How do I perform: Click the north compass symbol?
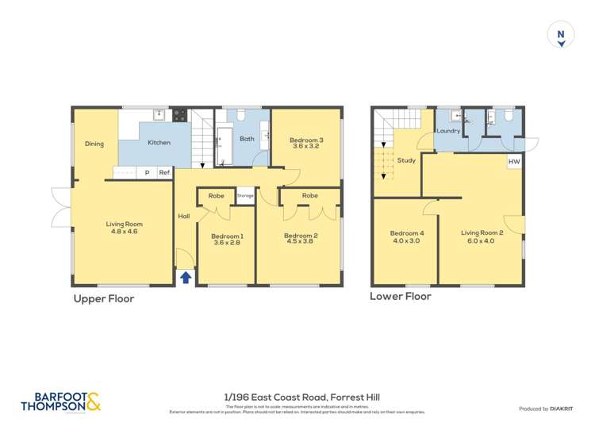(561, 36)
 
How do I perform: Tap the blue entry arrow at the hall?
(186, 277)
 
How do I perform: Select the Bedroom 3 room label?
(305, 142)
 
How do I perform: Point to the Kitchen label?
(159, 143)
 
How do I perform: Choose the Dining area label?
(94, 144)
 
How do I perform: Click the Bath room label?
(248, 139)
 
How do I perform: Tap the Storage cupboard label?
(245, 195)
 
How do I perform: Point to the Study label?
(406, 161)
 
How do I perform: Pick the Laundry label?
(448, 130)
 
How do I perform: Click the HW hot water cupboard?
(514, 162)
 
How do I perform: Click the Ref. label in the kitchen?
(165, 172)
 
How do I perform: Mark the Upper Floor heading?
(104, 299)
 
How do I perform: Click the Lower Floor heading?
(401, 296)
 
